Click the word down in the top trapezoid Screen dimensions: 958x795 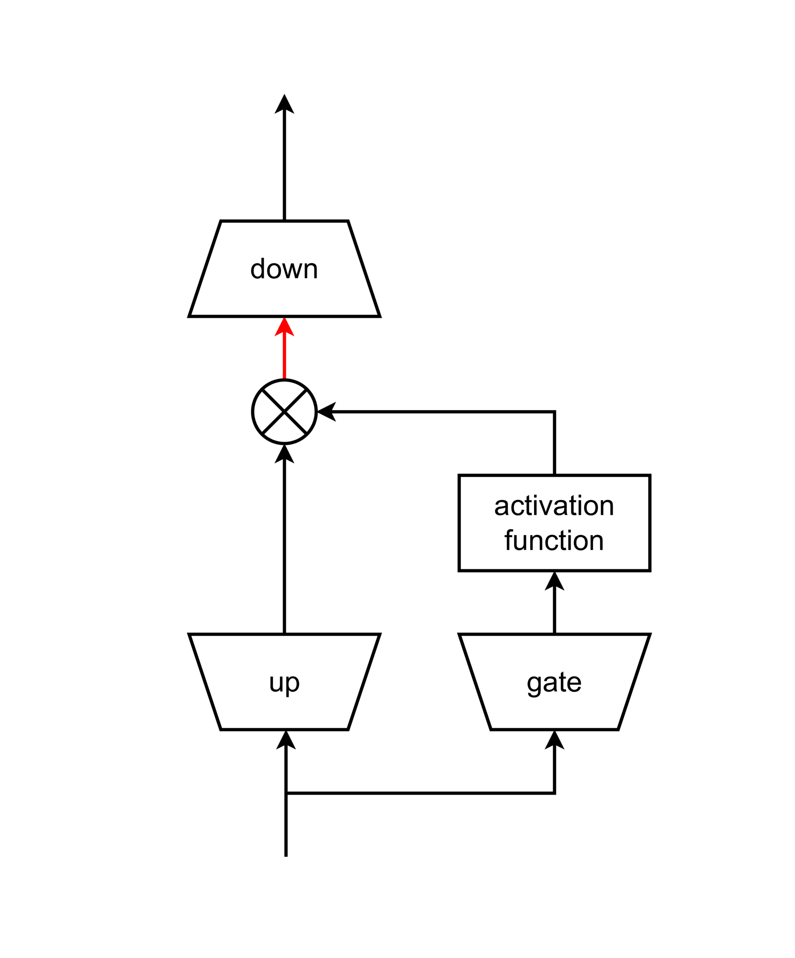point(284,269)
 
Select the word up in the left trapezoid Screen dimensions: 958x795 point(284,683)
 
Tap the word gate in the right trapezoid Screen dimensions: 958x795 point(554,683)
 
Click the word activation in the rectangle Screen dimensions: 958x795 point(554,506)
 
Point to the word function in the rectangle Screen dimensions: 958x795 point(554,541)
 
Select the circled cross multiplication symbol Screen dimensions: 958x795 point(284,412)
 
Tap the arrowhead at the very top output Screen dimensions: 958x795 point(284,104)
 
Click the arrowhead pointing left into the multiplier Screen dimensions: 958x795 point(327,412)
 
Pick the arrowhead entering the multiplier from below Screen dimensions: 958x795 point(284,454)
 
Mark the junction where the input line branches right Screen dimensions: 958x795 point(286,793)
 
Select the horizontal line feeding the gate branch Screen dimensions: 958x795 point(421,793)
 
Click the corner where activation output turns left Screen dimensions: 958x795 point(554,412)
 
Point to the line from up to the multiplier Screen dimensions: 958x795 point(284,546)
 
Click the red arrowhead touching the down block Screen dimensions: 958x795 point(284,327)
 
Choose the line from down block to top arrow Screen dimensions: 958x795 point(284,168)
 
